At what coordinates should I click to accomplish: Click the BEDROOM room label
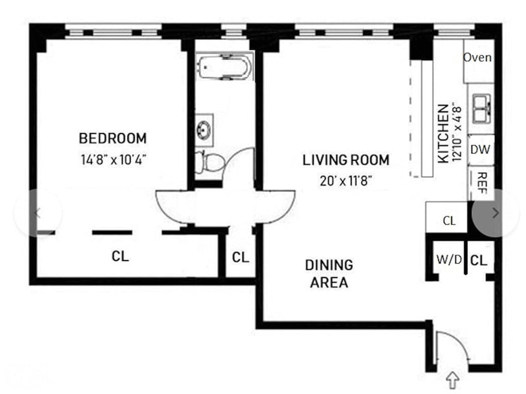coord(112,138)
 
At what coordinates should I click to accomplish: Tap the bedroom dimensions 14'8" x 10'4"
coord(113,159)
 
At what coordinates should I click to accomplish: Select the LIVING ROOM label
coord(346,160)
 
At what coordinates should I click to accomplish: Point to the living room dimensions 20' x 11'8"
coord(346,182)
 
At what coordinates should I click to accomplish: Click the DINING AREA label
coord(329,274)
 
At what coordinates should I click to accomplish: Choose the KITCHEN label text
coord(443,134)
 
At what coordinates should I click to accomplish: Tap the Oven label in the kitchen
coord(477,57)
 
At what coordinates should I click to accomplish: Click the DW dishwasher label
coord(480,149)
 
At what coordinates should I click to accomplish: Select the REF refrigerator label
coord(482,183)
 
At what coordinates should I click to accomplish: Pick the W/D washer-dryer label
coord(449,259)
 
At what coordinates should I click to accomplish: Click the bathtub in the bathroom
coord(224,67)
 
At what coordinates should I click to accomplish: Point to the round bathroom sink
coord(204,130)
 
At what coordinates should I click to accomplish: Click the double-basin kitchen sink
coord(482,109)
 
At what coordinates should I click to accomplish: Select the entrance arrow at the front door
coord(452,380)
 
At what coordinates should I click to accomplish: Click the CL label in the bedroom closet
coord(120,257)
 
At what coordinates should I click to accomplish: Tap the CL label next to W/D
coord(479,260)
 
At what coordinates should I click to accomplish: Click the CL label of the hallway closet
coord(241,258)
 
